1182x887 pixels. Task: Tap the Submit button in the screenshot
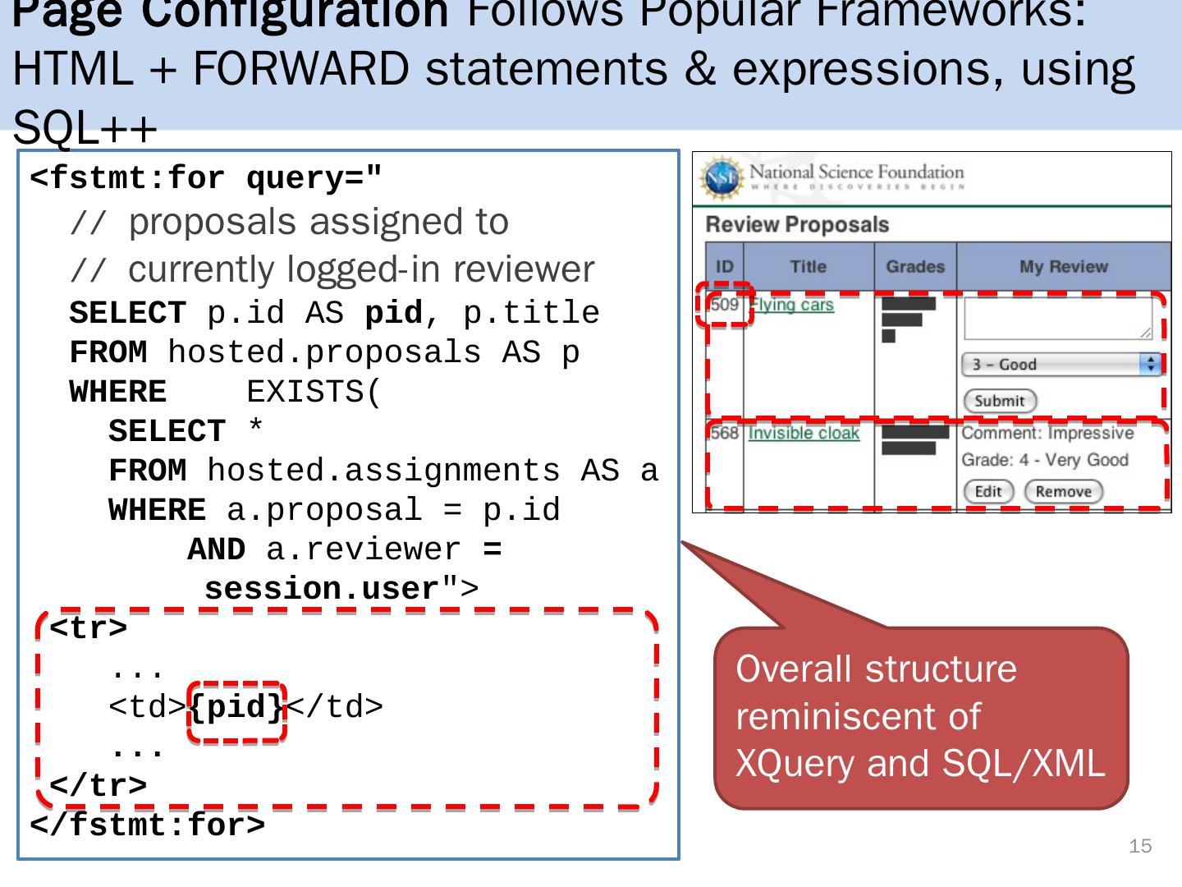pos(1000,401)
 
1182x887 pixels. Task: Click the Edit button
pos(987,491)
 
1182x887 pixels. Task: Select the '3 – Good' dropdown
pos(1061,364)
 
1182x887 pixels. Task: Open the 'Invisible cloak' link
pos(804,433)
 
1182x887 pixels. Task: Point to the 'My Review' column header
pos(1063,267)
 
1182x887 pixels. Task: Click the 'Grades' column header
pos(914,267)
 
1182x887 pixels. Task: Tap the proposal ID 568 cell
pos(725,433)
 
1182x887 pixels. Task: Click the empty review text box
pos(1058,318)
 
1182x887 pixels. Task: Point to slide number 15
pos(1140,846)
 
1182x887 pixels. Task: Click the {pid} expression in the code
pos(236,707)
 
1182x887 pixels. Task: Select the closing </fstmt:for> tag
pos(148,825)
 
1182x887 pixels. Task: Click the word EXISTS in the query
pos(314,393)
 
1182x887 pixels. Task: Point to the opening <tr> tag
pos(89,628)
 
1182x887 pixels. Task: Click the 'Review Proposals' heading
pos(796,224)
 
